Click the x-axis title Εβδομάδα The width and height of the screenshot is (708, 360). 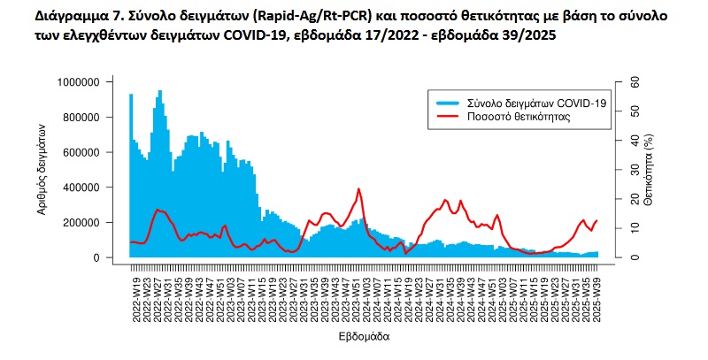click(363, 337)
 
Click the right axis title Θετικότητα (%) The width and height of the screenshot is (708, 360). click(648, 170)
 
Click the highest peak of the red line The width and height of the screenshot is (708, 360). click(358, 188)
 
